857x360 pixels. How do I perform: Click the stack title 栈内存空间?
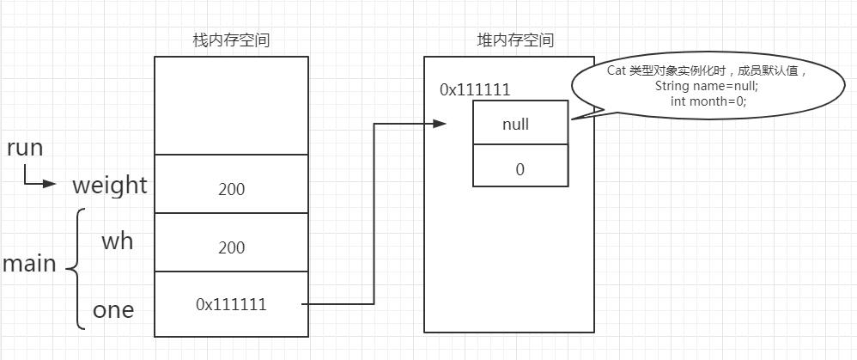coord(231,40)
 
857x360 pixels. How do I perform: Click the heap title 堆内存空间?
coord(515,40)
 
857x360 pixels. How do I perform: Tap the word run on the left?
coord(24,148)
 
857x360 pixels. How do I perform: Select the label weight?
coord(109,186)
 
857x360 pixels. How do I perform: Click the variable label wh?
coord(118,241)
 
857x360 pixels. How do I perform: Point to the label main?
coord(29,264)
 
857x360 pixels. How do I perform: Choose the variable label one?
coord(113,310)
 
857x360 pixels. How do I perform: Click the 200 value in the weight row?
coord(231,189)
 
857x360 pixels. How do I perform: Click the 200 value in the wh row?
coord(231,247)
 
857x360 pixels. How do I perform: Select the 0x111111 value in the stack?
coord(231,304)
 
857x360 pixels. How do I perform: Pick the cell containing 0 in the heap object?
coord(520,169)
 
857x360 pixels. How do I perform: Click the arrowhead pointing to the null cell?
coord(440,124)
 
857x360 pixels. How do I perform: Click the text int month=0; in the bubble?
coord(708,101)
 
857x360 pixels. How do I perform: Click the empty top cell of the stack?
coord(231,105)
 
